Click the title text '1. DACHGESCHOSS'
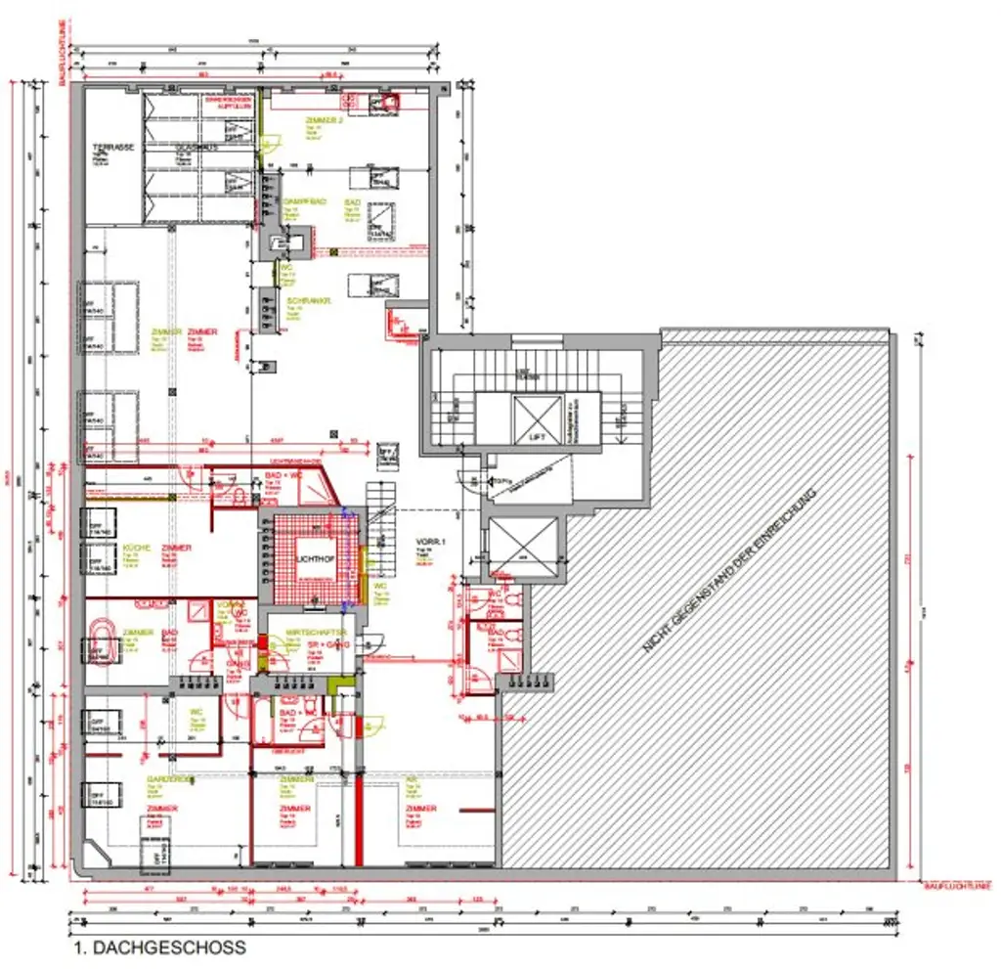(159, 947)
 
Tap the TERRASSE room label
(113, 147)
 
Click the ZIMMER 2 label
(324, 120)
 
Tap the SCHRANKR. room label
(309, 301)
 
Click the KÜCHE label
(137, 548)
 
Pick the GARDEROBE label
(171, 779)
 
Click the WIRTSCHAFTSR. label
(309, 634)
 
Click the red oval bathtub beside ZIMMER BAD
(102, 643)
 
